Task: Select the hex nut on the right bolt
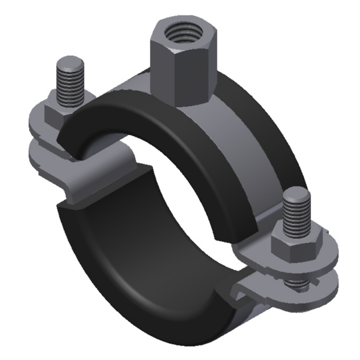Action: [289, 244]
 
